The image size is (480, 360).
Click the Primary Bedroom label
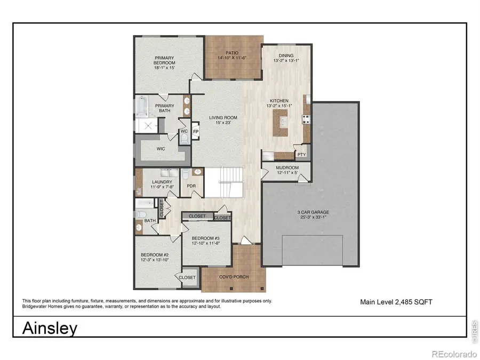click(x=165, y=60)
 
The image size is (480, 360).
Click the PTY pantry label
click(x=302, y=155)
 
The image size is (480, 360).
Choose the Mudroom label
click(x=286, y=167)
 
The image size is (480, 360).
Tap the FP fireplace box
click(x=196, y=131)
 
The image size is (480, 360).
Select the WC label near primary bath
click(x=184, y=131)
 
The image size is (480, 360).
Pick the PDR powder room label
click(x=190, y=186)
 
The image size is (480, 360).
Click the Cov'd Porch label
click(x=233, y=277)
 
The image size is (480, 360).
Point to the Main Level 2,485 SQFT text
click(x=396, y=302)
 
